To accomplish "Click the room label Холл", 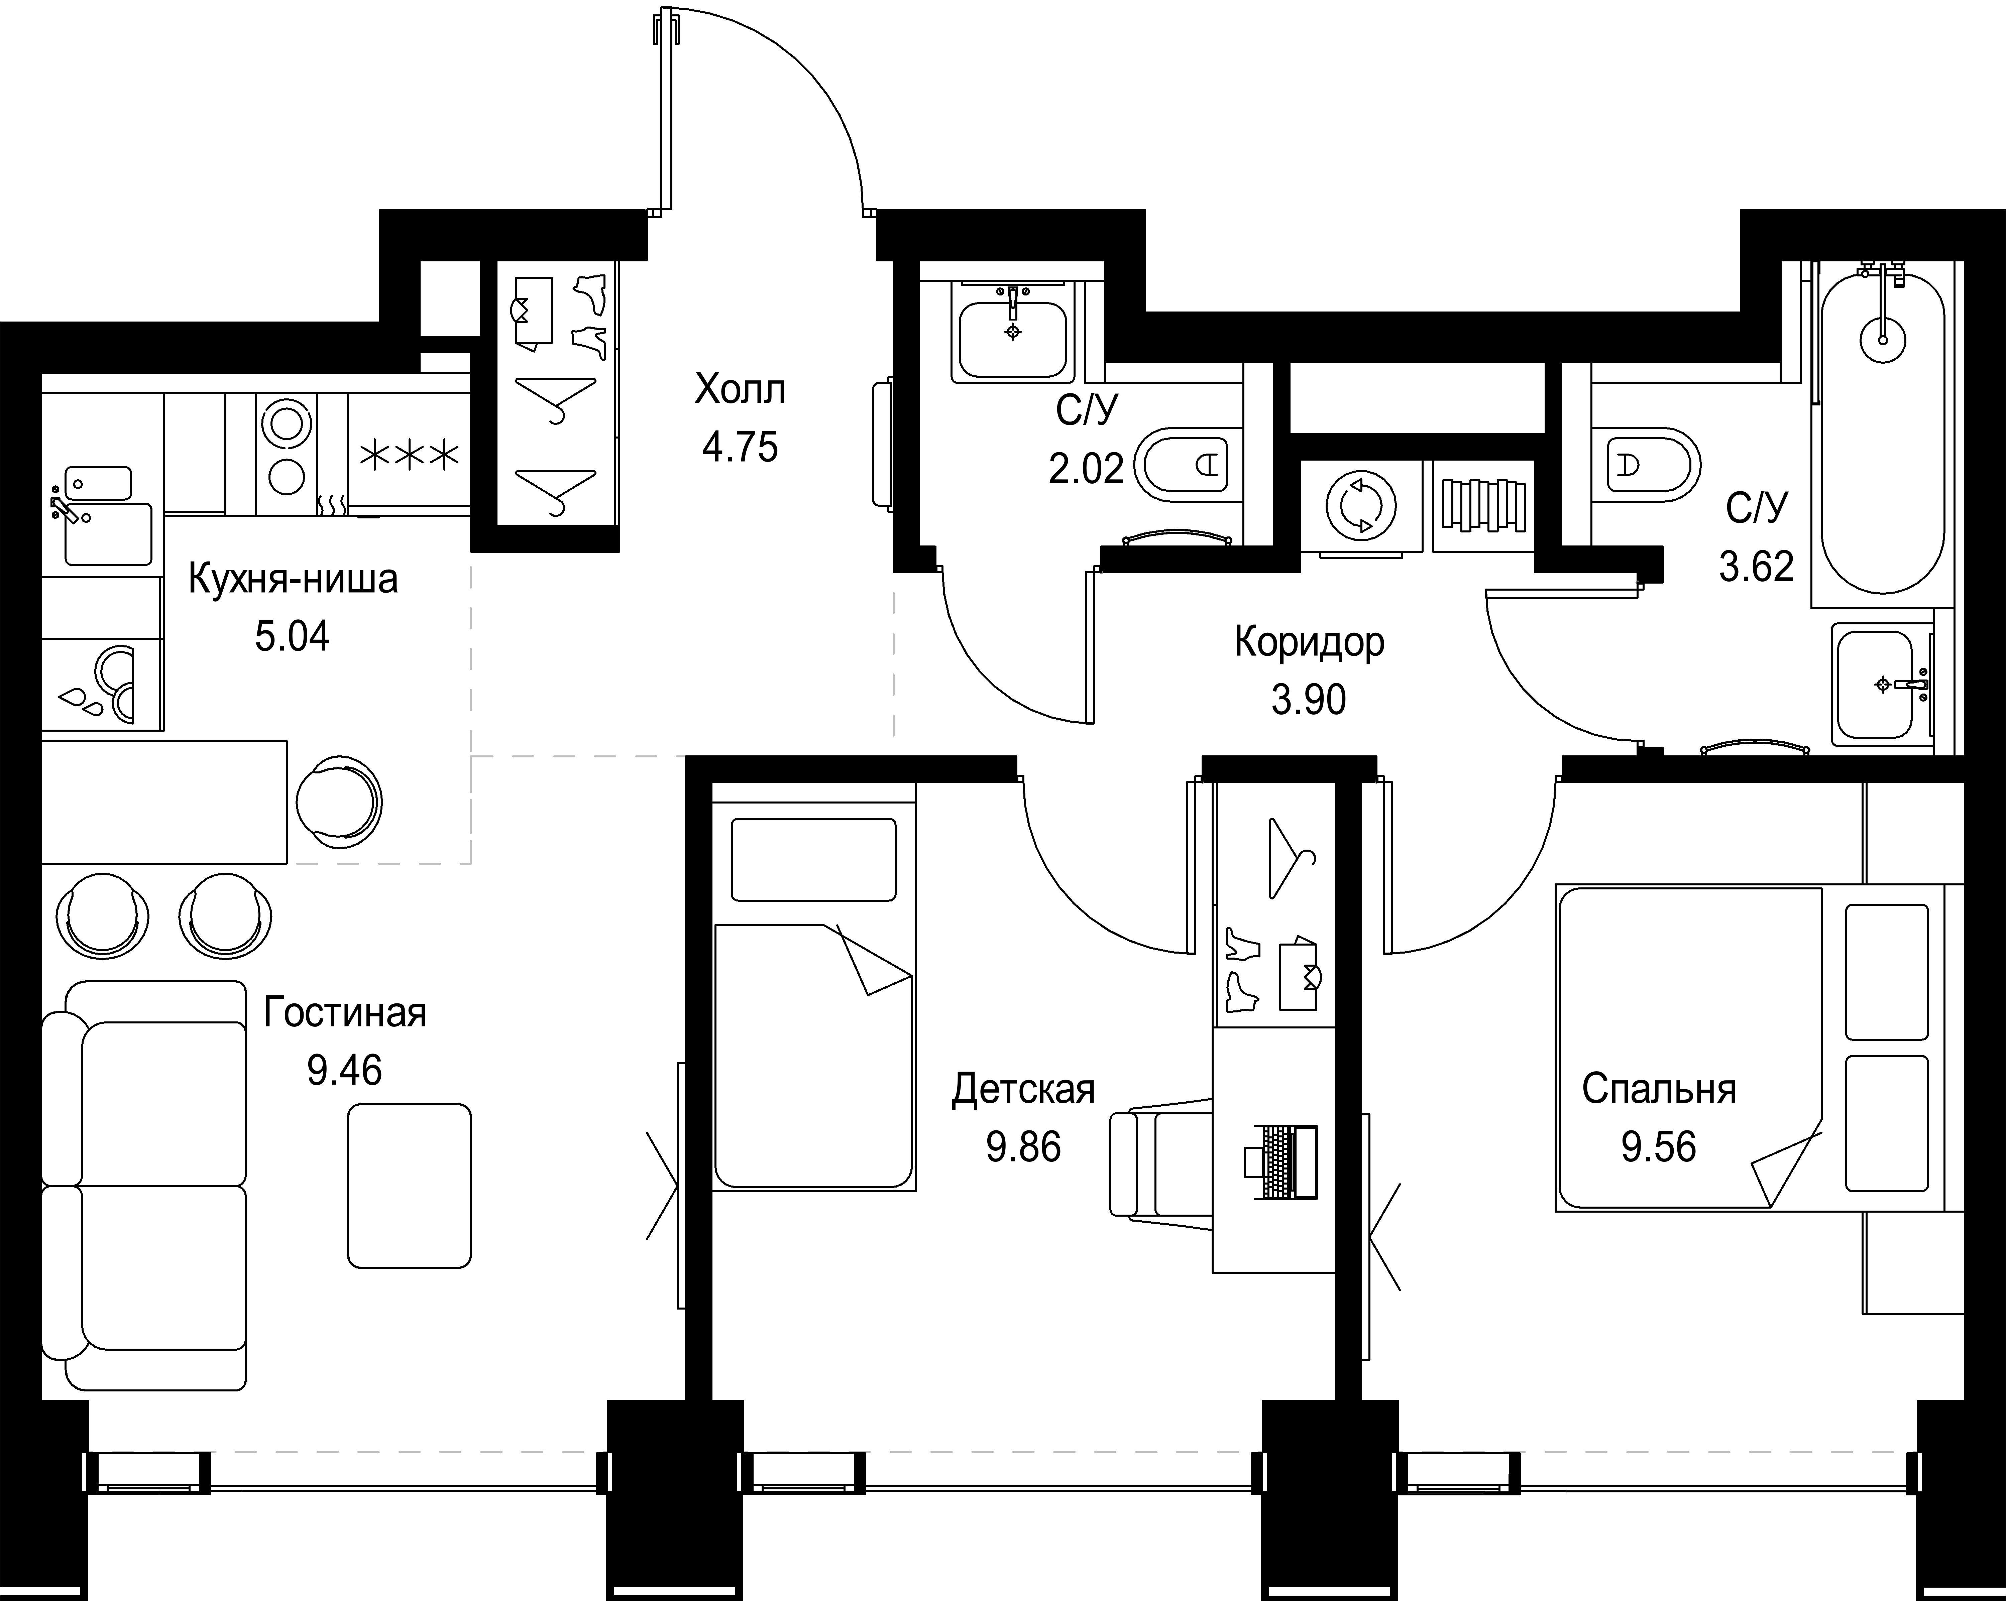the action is (740, 390).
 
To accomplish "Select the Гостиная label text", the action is (344, 1012).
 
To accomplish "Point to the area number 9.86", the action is (1023, 1147).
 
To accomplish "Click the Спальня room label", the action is (1659, 1089).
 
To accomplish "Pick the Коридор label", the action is (1309, 642).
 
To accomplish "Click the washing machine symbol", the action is (1361, 507).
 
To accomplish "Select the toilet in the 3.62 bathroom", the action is (1645, 464).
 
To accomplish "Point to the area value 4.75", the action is (740, 448).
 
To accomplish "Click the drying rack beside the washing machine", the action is (1483, 505).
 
